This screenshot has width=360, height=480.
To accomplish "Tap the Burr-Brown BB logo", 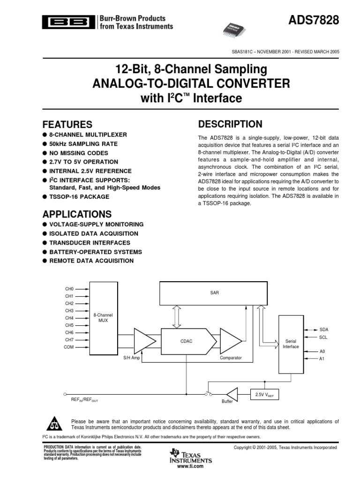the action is (x=68, y=22).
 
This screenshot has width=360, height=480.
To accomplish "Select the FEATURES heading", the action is (x=67, y=125).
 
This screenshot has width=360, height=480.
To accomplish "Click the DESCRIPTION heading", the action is (x=230, y=124).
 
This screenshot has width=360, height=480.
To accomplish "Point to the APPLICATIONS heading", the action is (x=77, y=215).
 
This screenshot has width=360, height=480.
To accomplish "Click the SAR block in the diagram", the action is (x=215, y=292).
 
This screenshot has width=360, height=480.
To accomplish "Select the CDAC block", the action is (x=186, y=341).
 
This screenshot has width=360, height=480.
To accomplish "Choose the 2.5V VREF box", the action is (x=264, y=394).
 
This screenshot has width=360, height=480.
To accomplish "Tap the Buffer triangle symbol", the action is (x=232, y=394).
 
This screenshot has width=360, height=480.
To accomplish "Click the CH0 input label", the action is (x=69, y=289).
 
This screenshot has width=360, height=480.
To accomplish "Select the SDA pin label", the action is (x=324, y=330).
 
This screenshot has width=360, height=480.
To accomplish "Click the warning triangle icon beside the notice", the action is (x=56, y=424).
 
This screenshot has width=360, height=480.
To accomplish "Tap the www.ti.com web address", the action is (x=190, y=467).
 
